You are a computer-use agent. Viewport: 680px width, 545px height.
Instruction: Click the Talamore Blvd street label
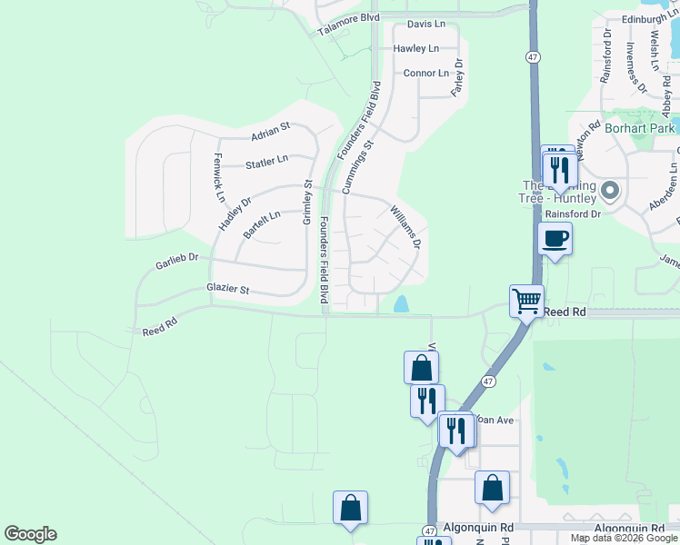click(x=348, y=24)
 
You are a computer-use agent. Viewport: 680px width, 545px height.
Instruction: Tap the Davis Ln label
click(x=426, y=24)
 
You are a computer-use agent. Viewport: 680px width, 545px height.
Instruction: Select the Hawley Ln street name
click(x=416, y=48)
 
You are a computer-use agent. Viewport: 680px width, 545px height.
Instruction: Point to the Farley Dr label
click(x=459, y=78)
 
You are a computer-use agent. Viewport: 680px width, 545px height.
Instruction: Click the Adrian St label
click(x=270, y=134)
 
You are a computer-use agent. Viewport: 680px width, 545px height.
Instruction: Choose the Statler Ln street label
click(x=266, y=163)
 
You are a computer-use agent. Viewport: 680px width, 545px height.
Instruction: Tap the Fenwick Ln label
click(x=219, y=177)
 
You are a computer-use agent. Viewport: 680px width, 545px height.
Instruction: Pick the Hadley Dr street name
click(x=234, y=214)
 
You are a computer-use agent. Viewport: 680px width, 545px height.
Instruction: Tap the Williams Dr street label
click(x=406, y=227)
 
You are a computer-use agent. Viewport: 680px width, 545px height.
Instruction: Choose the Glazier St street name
click(x=228, y=289)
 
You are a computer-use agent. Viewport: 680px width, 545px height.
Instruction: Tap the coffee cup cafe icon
click(x=555, y=239)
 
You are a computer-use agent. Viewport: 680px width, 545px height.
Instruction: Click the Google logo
click(x=30, y=534)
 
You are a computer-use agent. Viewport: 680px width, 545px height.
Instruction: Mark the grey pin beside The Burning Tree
click(x=609, y=192)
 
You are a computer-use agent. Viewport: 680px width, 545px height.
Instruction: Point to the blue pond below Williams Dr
click(x=401, y=305)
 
